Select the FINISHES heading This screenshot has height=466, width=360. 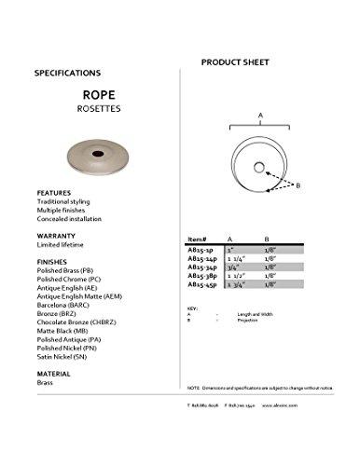tap(52, 263)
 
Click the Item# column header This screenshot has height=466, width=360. tap(198, 239)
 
